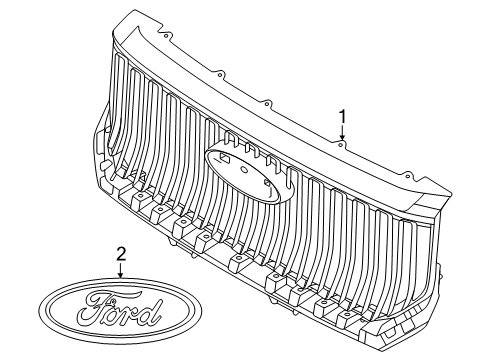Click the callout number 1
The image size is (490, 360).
pyautogui.click(x=343, y=117)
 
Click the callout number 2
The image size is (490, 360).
pyautogui.click(x=121, y=254)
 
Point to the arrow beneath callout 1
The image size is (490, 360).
pyautogui.click(x=343, y=134)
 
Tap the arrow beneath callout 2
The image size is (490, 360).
pyautogui.click(x=121, y=270)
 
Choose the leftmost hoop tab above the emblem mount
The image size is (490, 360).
pyautogui.click(x=228, y=139)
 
